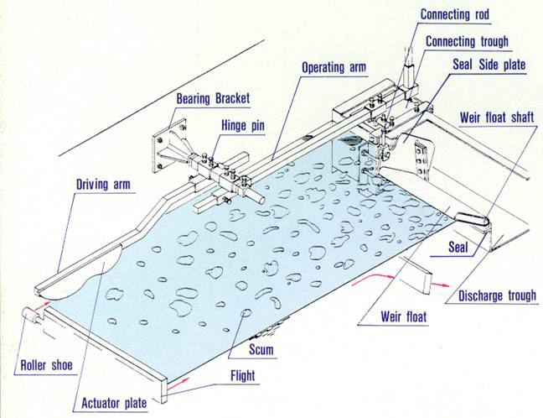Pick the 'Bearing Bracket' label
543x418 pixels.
[x=212, y=99]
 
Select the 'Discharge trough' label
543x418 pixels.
[x=497, y=295]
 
